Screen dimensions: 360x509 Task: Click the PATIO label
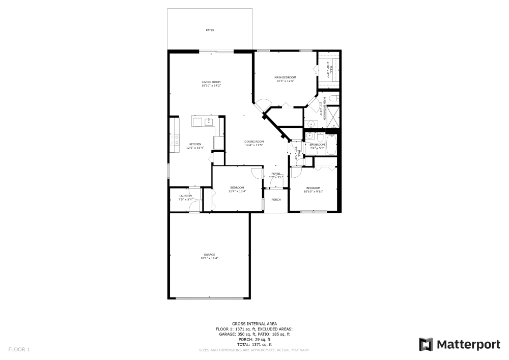pos(210,30)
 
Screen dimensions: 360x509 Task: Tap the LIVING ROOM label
pos(211,82)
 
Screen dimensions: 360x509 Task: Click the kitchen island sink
pos(209,121)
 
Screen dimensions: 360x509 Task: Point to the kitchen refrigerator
pos(219,143)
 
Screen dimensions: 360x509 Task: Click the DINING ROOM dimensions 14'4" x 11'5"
pos(253,145)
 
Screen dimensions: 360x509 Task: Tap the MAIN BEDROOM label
pos(286,77)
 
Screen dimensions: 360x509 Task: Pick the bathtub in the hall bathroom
pos(331,145)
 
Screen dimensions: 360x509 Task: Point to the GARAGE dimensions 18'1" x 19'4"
pos(209,258)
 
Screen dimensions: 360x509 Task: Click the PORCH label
pos(276,199)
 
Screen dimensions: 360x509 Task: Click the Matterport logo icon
pos(426,345)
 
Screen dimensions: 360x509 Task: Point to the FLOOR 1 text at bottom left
pos(19,349)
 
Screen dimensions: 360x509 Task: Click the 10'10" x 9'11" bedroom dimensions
pos(313,191)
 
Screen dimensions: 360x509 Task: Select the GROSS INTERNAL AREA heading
pos(254,324)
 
